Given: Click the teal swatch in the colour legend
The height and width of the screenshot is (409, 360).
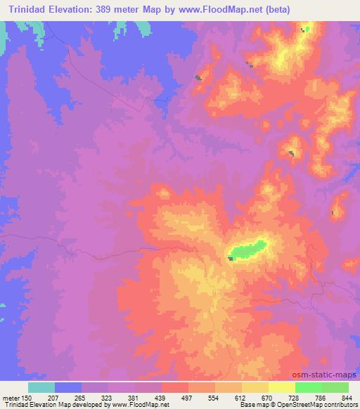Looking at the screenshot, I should (41, 387).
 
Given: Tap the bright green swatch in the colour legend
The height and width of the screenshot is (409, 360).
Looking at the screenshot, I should (308, 387).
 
